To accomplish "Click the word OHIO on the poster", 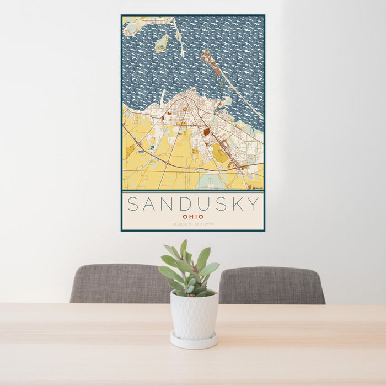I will (192, 217).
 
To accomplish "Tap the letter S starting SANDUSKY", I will (133, 204).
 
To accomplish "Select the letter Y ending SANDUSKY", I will (253, 204).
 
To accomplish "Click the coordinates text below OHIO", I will (192, 224).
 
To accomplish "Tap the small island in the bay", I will (161, 44).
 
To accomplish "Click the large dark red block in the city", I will (206, 132).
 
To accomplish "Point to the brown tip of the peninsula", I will (207, 55).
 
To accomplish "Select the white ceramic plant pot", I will (194, 315).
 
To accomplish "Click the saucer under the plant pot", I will (194, 341).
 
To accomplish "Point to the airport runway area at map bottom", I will (210, 181).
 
